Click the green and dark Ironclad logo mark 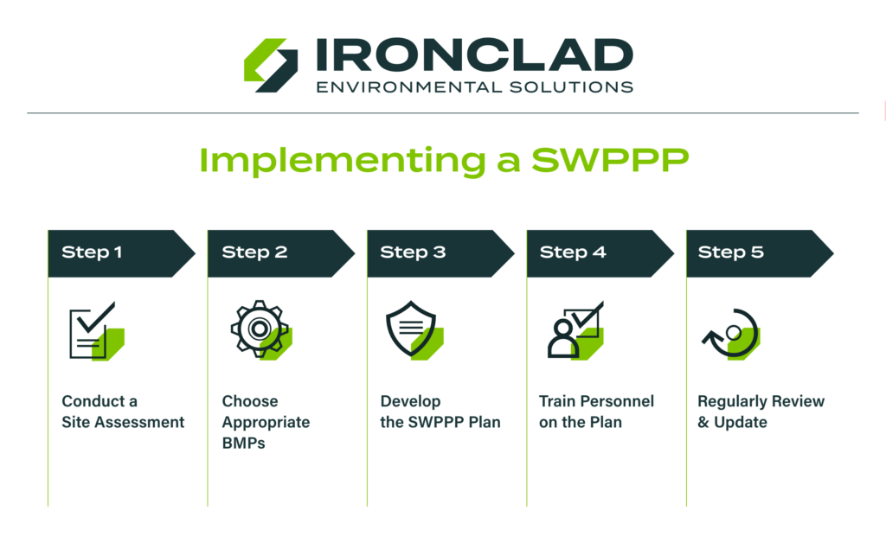tap(271, 65)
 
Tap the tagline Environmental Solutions tap(474, 86)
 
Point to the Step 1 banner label tap(92, 252)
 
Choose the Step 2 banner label tap(254, 252)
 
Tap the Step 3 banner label tap(413, 252)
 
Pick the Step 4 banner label tap(573, 252)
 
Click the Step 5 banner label tap(731, 252)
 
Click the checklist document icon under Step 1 tap(94, 331)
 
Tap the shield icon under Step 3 tap(413, 330)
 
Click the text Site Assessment tap(123, 423)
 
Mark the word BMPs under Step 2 tap(243, 444)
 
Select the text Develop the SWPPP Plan tap(440, 412)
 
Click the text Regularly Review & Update tap(761, 412)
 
